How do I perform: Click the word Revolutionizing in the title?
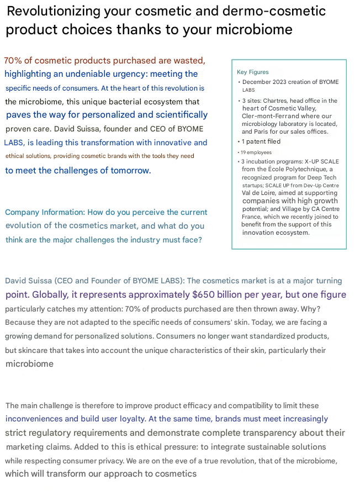(x=54, y=11)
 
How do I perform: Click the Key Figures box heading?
(x=252, y=72)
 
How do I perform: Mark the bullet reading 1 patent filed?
(x=261, y=141)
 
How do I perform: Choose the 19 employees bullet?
(x=256, y=151)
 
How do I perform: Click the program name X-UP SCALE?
(x=315, y=161)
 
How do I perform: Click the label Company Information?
(x=41, y=212)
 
